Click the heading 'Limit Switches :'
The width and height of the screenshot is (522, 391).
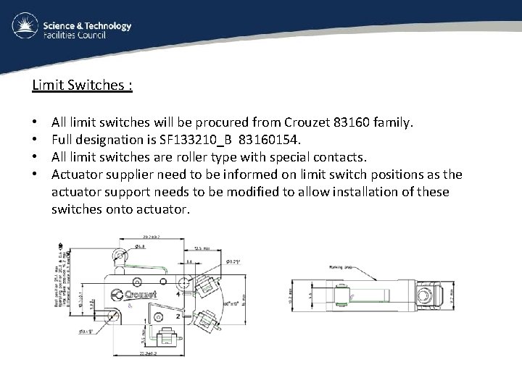82,85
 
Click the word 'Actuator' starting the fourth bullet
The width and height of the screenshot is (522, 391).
78,175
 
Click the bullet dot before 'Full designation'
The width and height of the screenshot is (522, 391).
35,140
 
